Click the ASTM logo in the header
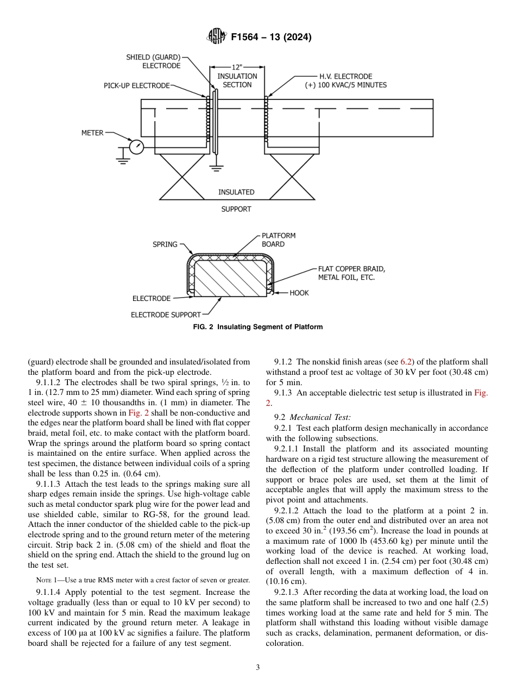(217, 37)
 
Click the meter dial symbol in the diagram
(136, 146)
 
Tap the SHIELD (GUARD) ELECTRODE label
(154, 61)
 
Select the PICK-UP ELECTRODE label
(136, 86)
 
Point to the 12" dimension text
(237, 67)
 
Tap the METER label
(92, 133)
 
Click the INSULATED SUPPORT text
(236, 200)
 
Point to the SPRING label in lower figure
(165, 244)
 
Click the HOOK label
(299, 293)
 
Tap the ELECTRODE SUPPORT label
(166, 315)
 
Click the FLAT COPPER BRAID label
(351, 273)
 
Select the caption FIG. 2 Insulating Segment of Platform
(258, 327)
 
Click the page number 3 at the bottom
(258, 668)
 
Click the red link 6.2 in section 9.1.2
(405, 362)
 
